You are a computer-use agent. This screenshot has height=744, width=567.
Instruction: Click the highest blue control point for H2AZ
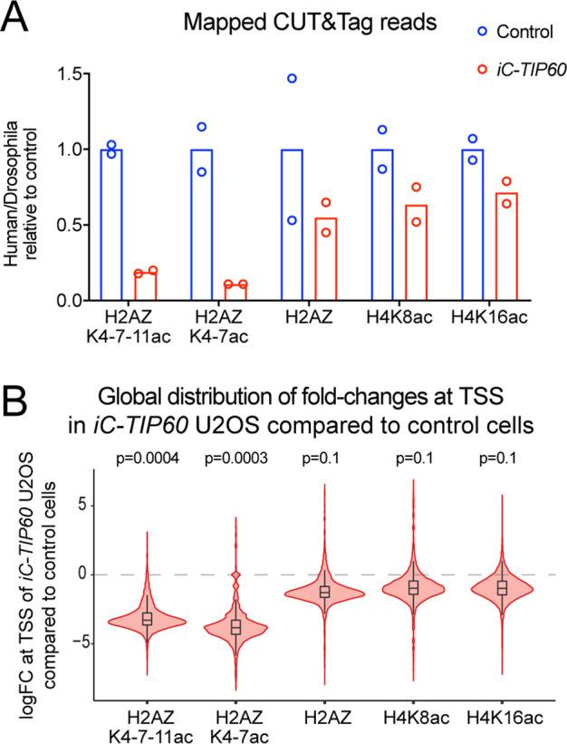click(292, 78)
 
